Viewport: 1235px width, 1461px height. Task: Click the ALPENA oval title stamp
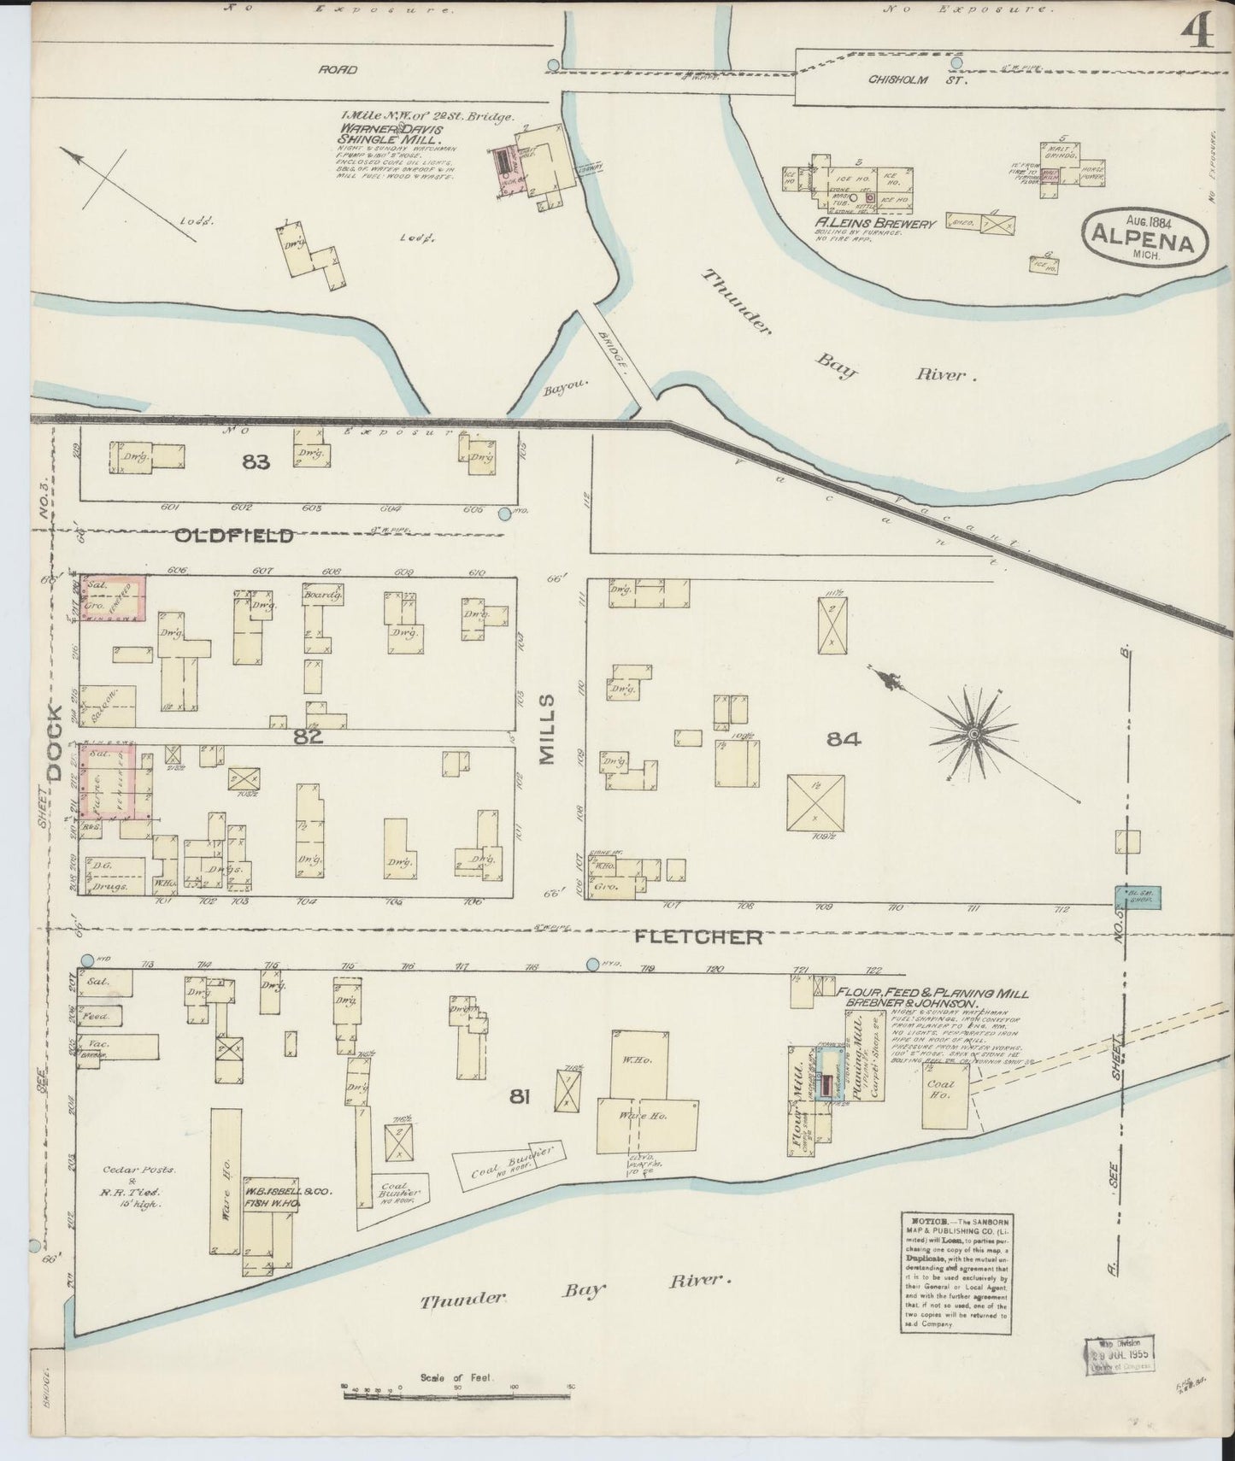1145,235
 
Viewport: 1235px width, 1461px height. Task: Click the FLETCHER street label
698,937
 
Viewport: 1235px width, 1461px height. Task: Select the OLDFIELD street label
234,536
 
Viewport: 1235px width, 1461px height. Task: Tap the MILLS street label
547,728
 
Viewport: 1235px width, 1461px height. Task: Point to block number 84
843,739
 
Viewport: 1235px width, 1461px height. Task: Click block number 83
255,462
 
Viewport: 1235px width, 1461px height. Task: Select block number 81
518,1095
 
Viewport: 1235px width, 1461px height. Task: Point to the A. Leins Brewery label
875,224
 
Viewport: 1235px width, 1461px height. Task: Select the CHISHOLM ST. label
904,80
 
